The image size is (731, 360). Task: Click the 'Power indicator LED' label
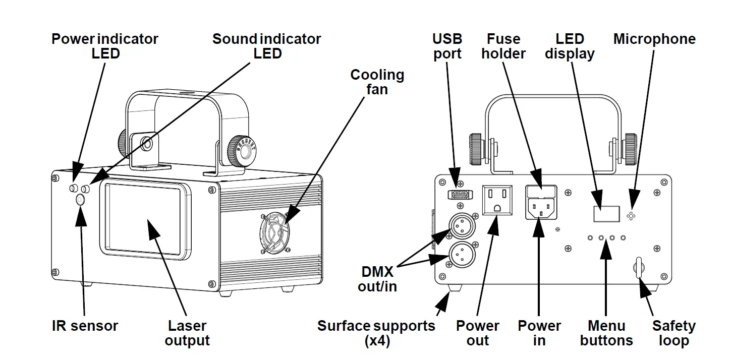coord(105,46)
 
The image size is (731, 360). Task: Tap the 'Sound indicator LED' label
coord(266,46)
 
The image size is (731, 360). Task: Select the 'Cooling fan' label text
coord(377,82)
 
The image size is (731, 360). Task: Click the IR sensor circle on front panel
coord(80,200)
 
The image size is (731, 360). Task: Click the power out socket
coord(497,200)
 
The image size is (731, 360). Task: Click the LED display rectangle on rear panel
coord(606,213)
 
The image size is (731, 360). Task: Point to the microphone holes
coord(631,215)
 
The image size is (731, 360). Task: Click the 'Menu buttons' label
coord(606,333)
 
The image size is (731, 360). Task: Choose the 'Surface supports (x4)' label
coord(376,333)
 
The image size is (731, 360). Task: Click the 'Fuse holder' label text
coord(503,46)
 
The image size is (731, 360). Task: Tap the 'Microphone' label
coord(654,39)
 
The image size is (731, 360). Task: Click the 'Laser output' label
coord(187,333)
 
